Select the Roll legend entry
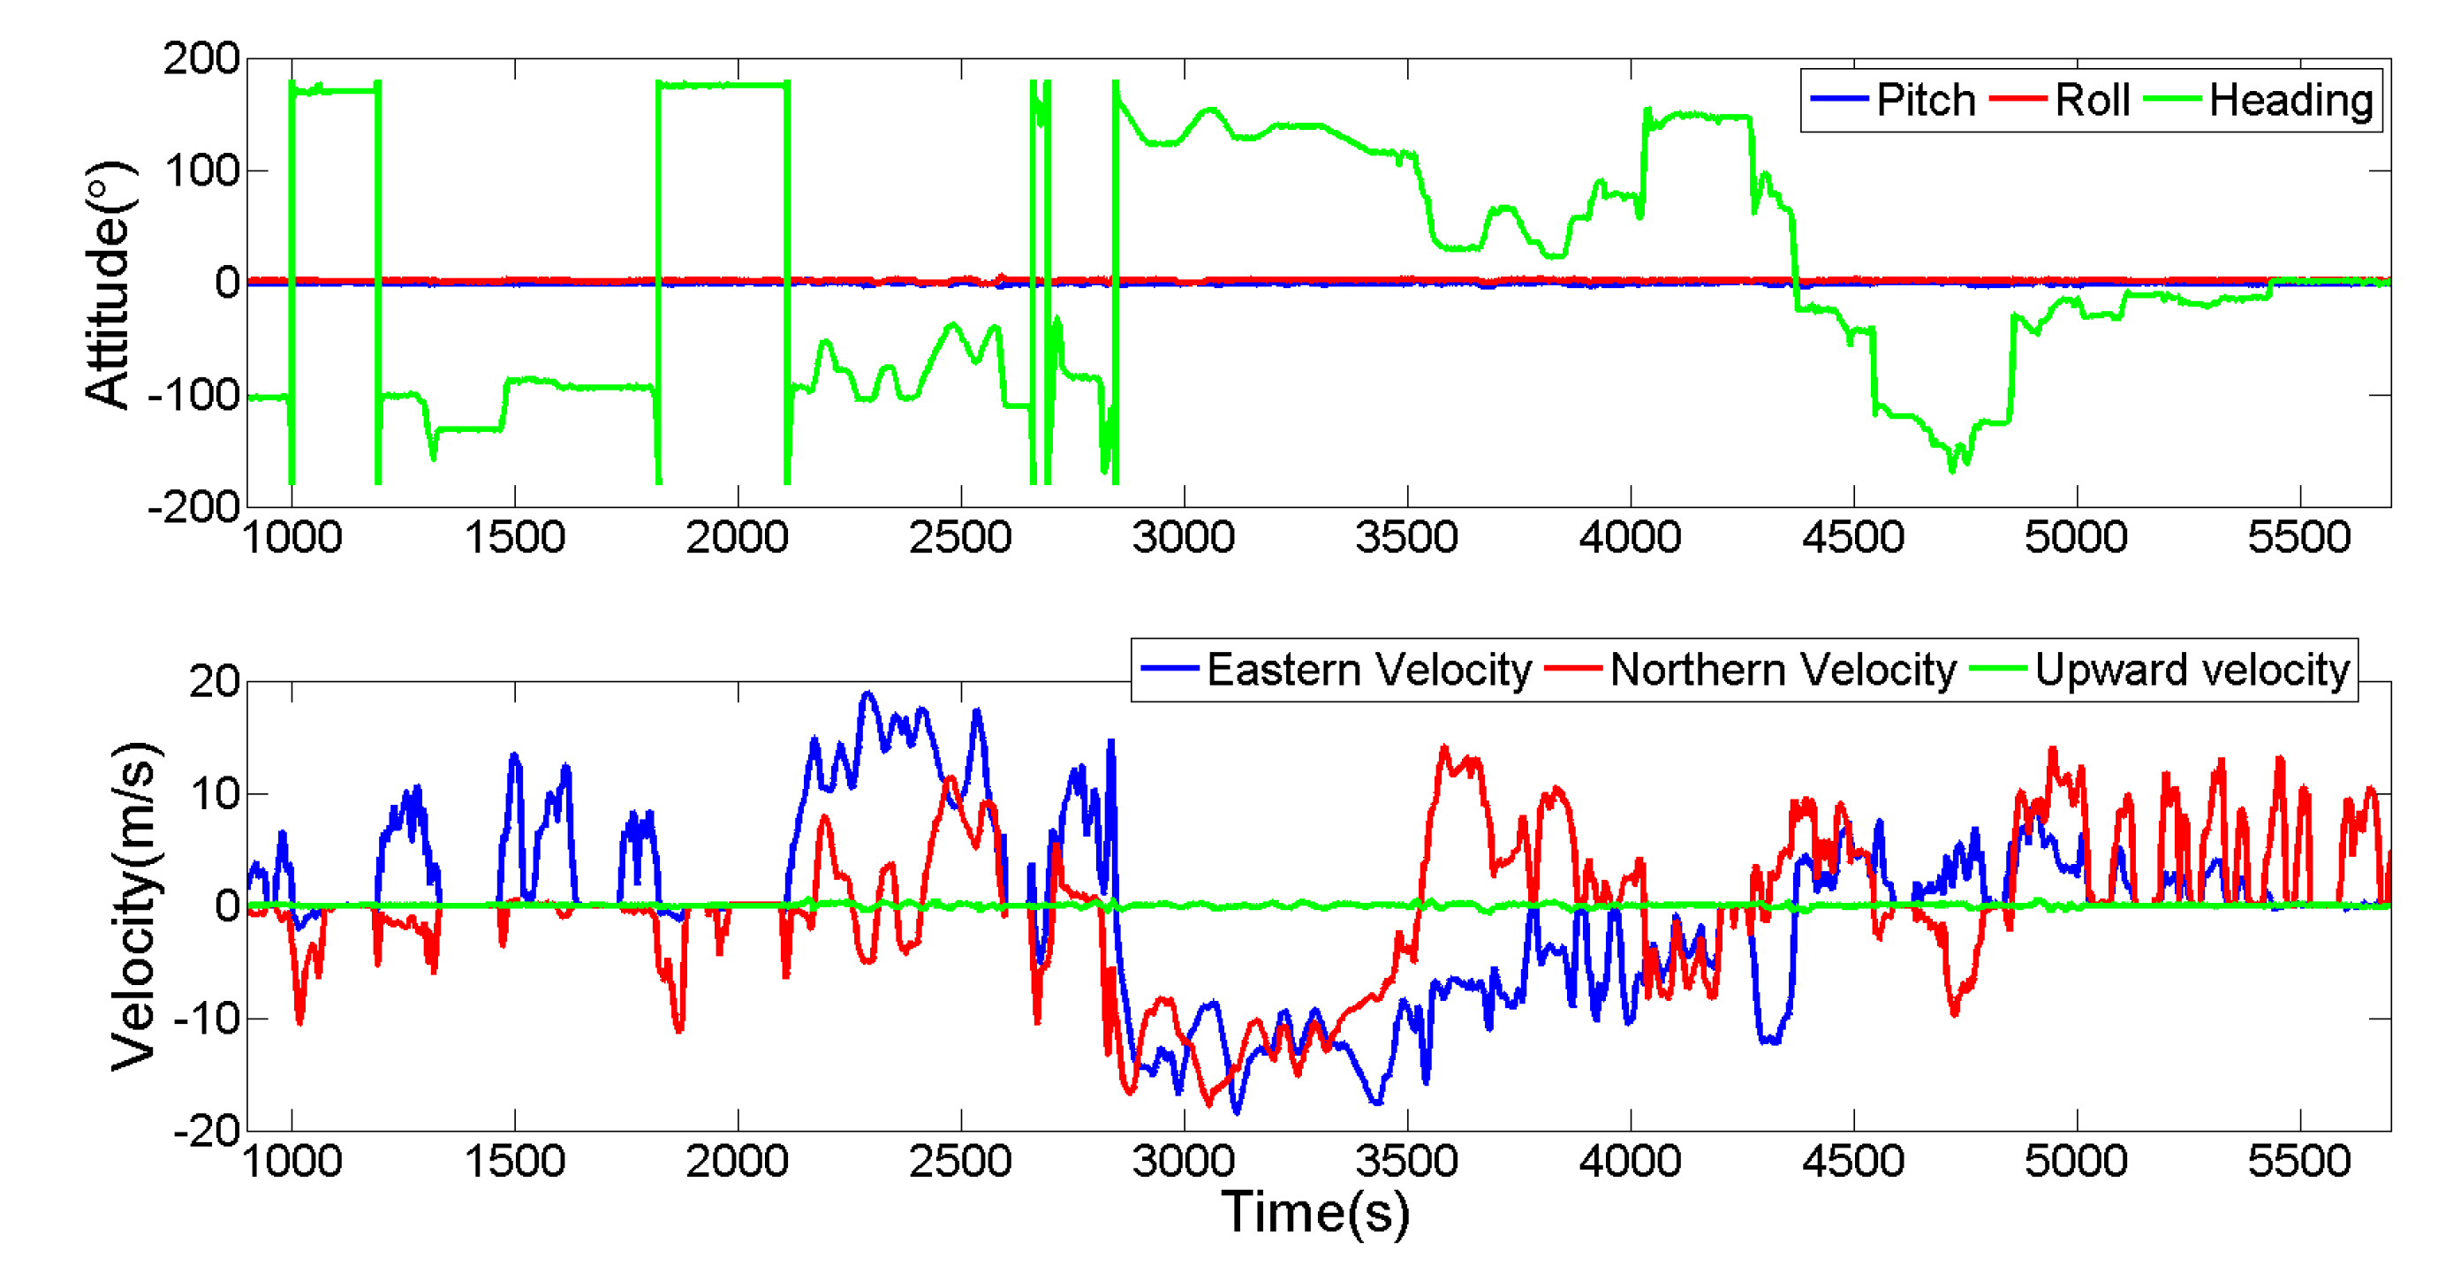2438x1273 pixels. [2092, 101]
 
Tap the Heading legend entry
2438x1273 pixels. [2290, 101]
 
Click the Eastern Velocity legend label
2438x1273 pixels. [1368, 671]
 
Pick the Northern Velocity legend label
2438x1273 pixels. [1783, 671]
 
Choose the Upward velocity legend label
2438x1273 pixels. [2192, 671]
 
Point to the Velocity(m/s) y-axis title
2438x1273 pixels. [132, 905]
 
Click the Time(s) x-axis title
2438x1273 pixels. [1315, 1211]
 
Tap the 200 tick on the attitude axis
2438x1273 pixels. [201, 58]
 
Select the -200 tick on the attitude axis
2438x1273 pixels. [194, 507]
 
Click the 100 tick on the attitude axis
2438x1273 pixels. [201, 171]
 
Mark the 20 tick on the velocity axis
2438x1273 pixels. [215, 681]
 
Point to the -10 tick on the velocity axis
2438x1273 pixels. [208, 1019]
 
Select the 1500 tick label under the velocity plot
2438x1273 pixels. [515, 1162]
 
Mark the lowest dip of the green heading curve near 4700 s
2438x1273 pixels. [1951, 469]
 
